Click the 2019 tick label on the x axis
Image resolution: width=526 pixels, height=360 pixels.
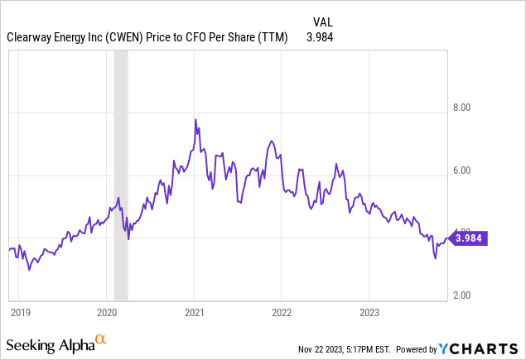(20, 312)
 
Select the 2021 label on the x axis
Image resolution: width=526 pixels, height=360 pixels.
(194, 312)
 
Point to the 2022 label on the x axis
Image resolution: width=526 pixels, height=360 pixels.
(282, 312)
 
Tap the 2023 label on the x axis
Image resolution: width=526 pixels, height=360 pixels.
(369, 312)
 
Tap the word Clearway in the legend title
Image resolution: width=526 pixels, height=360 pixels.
(29, 37)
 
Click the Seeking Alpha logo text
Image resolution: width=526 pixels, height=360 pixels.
(49, 343)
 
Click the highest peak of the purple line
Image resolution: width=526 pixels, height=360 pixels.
(195, 119)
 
